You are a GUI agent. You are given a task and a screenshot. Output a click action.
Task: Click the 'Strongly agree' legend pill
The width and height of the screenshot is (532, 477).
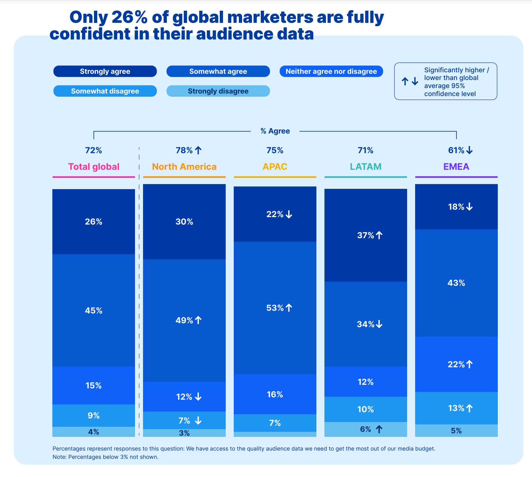point(105,71)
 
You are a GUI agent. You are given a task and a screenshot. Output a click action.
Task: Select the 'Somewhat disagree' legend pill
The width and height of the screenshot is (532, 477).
point(105,91)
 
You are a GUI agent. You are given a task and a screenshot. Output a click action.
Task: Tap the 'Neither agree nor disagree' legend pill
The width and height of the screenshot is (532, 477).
point(331,71)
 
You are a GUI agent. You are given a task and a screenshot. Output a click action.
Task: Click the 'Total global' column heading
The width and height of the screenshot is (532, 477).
point(94,167)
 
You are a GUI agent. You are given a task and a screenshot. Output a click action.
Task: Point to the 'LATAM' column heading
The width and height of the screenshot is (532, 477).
point(365,167)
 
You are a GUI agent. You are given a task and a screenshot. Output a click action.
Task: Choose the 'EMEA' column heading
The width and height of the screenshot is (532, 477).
point(456,167)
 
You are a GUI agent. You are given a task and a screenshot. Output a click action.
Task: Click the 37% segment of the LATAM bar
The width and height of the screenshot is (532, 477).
point(366,235)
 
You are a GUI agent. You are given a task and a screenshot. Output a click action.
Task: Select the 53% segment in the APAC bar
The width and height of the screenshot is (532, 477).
point(275,308)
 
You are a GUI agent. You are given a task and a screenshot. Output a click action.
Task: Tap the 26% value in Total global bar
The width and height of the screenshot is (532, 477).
point(94,222)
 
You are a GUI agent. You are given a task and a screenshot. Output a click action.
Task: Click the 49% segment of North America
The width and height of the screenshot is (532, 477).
point(184,320)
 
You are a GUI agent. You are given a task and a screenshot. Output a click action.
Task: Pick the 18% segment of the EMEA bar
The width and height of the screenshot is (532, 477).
point(456,207)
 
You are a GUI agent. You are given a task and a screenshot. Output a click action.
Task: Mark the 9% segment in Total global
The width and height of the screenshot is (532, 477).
point(94,415)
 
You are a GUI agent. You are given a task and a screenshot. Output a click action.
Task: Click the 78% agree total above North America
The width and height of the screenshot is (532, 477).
point(184,150)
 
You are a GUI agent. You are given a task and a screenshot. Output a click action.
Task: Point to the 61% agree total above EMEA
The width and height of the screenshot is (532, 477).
point(456,150)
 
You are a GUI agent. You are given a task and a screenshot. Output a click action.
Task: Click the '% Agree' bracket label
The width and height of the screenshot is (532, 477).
point(275,131)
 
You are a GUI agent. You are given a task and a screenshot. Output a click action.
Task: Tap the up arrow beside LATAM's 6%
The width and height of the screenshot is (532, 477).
point(379,429)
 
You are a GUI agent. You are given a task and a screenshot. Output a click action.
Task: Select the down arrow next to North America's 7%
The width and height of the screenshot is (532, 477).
point(198,420)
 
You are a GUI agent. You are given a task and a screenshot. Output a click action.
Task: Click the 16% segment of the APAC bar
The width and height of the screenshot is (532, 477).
point(275,394)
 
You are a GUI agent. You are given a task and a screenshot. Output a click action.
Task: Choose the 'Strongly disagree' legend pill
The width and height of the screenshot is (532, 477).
point(218,91)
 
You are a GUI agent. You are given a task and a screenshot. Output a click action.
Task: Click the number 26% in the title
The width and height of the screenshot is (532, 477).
point(129,17)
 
